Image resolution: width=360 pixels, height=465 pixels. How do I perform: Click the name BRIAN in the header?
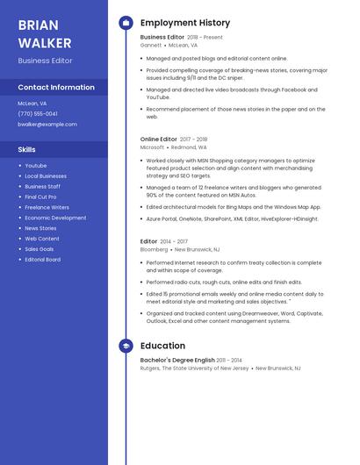click(37, 25)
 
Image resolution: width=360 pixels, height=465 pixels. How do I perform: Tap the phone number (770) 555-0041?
click(38, 113)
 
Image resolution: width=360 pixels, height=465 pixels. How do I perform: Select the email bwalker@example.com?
click(47, 125)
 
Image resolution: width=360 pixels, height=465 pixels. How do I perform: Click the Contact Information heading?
click(56, 88)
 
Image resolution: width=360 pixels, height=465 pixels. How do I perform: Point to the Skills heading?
click(27, 149)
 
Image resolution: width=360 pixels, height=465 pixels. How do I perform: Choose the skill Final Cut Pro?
click(41, 197)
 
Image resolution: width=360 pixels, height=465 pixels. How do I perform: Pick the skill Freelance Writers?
click(47, 207)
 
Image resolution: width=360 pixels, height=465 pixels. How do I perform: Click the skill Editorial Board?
click(43, 260)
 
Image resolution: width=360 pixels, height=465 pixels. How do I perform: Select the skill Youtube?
click(36, 165)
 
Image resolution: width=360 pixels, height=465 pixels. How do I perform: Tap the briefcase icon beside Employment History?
click(126, 23)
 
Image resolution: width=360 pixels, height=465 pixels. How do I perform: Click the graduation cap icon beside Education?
click(126, 346)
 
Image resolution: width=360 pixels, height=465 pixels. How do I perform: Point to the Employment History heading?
click(185, 23)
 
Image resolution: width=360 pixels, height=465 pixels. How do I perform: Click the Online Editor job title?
click(158, 139)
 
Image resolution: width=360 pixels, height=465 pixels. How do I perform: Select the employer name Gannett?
click(151, 45)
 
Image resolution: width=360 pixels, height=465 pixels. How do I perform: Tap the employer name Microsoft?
click(153, 147)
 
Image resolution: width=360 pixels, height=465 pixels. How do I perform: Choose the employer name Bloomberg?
click(155, 249)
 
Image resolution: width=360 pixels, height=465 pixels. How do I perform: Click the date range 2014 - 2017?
click(175, 241)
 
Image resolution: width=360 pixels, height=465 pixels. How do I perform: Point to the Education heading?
click(162, 346)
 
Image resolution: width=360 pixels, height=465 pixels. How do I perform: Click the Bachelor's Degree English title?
click(176, 361)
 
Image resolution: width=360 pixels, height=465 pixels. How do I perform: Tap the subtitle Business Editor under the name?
click(45, 61)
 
